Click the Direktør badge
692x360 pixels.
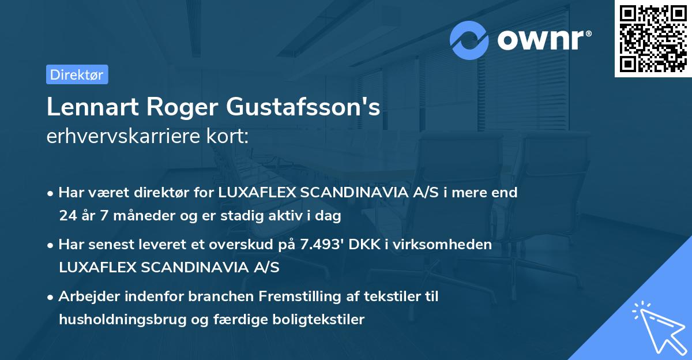[77, 74]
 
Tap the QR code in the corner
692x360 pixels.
[653, 39]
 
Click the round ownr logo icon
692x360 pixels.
[469, 40]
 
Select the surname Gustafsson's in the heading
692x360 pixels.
[303, 108]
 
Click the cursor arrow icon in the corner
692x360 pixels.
[658, 326]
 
